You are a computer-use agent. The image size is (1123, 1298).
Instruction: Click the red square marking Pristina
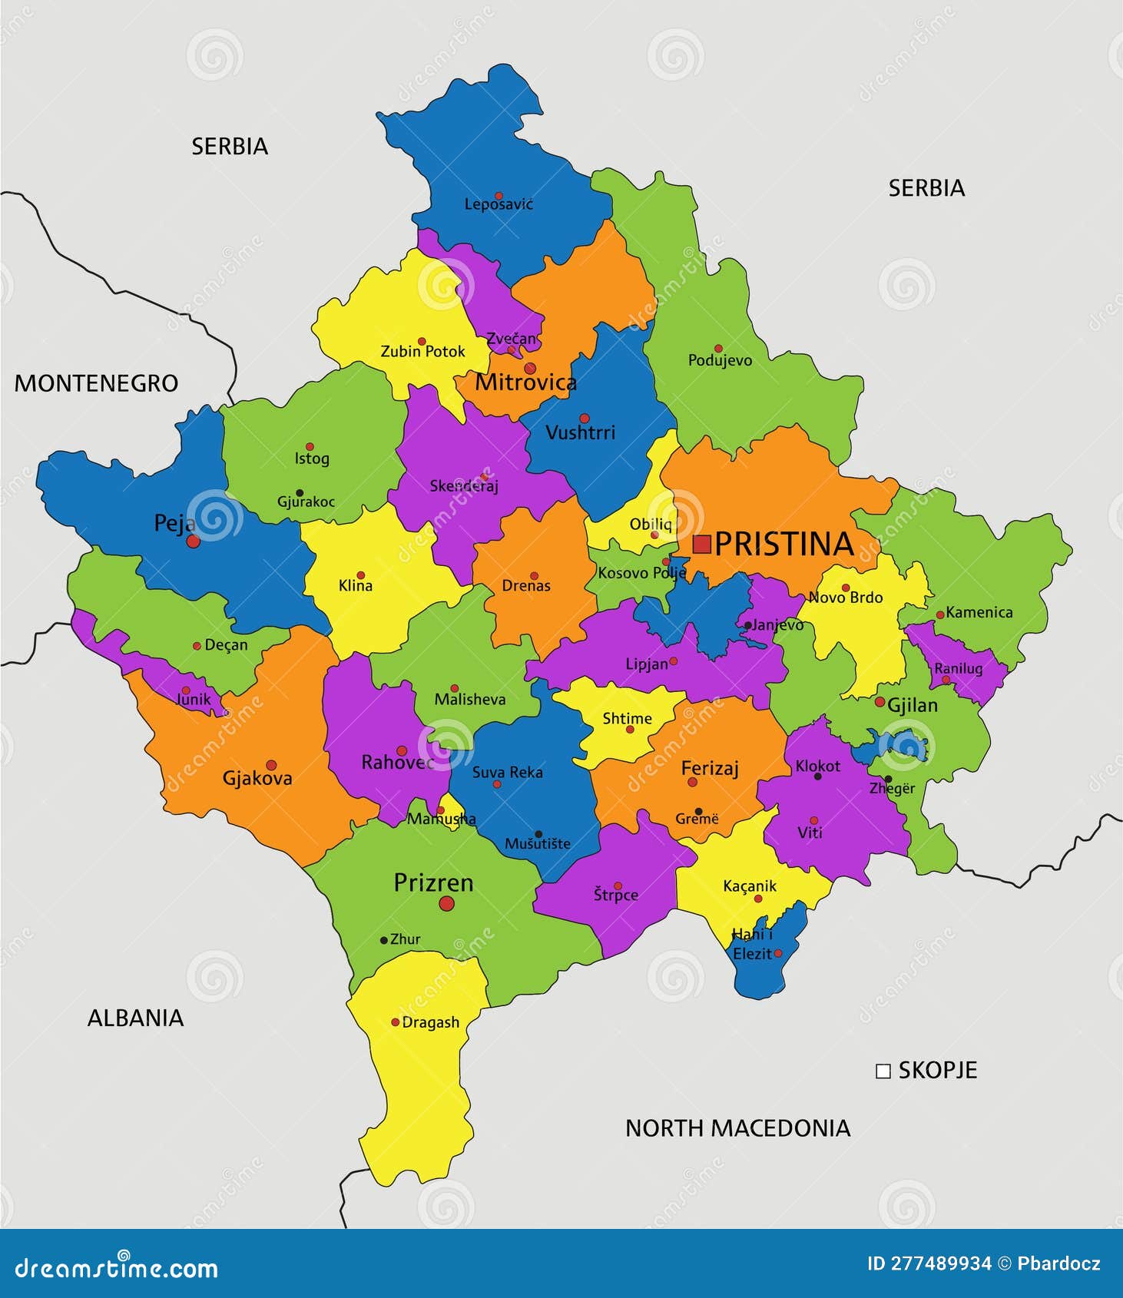701,545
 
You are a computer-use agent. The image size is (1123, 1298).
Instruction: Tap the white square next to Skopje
883,1071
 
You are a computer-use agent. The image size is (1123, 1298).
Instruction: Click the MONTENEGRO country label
96,383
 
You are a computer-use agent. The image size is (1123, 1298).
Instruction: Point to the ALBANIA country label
135,1018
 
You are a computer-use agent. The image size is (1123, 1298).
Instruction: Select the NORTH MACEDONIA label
737,1128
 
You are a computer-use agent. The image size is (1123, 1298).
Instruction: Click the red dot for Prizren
446,904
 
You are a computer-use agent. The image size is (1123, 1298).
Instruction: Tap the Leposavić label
499,205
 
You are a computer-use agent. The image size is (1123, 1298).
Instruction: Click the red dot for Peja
194,541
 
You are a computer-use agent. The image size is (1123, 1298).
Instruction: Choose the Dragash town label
431,1023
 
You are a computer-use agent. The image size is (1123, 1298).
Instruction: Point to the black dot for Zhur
384,940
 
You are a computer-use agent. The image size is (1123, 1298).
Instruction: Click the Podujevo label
720,360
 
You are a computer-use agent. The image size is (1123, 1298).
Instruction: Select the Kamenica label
979,613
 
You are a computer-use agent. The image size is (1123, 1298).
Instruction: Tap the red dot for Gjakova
271,765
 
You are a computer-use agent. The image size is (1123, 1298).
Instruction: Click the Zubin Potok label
422,352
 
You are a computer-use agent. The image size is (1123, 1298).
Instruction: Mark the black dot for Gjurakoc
300,493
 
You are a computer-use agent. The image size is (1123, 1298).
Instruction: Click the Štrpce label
616,896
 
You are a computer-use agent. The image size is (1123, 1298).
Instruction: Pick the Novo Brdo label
846,598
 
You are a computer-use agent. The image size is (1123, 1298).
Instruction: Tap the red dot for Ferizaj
692,782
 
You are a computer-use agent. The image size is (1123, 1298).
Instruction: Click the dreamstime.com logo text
116,1268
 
